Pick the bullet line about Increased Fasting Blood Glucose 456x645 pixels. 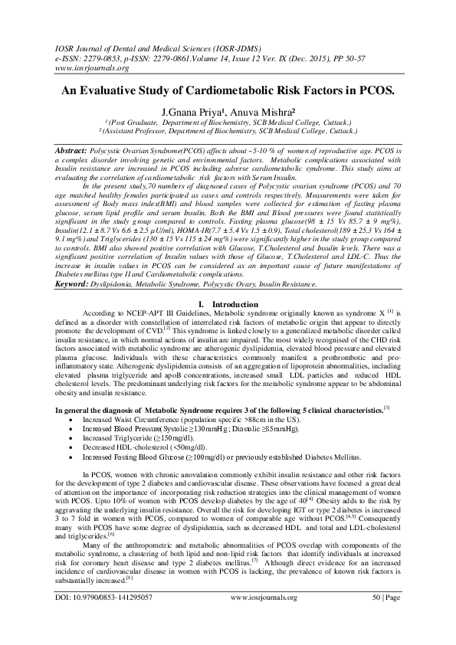click(x=211, y=455)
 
